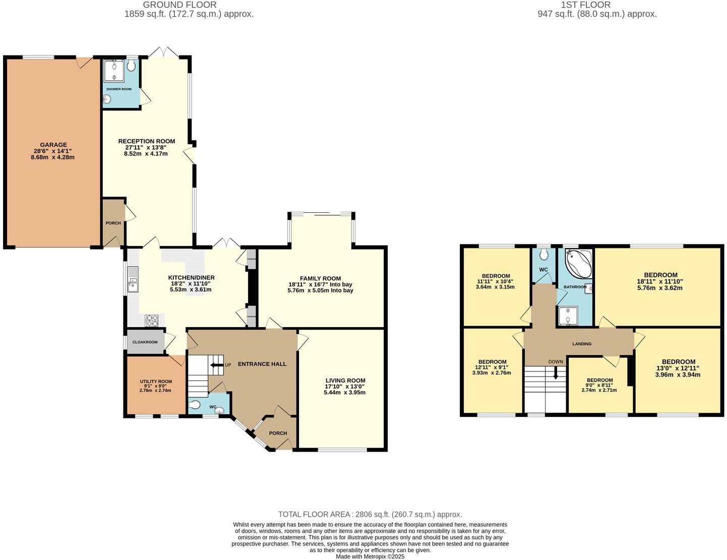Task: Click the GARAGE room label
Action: point(53,145)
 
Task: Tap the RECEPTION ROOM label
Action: point(146,141)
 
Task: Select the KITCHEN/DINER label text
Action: point(191,278)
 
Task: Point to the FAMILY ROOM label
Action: point(320,278)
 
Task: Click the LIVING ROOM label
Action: point(345,381)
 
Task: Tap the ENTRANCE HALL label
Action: point(262,364)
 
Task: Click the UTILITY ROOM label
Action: point(156,382)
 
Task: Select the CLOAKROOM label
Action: point(145,342)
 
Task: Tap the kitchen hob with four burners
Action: point(152,320)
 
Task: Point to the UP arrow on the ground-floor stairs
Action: point(217,365)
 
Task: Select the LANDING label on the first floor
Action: point(582,344)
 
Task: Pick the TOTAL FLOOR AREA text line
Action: point(370,515)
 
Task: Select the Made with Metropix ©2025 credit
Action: point(370,556)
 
